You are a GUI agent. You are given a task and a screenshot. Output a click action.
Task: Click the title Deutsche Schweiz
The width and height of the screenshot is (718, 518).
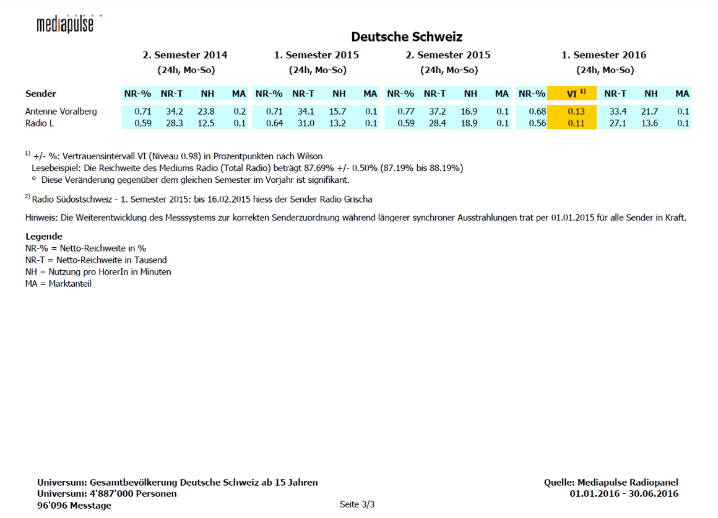pos(407,37)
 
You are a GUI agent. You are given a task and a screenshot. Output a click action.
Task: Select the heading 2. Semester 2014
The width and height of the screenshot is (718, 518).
pos(184,55)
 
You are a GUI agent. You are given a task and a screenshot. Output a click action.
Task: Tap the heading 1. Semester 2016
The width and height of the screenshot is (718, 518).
pos(603,55)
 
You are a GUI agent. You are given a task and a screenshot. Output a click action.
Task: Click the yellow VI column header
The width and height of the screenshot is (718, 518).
pos(572,94)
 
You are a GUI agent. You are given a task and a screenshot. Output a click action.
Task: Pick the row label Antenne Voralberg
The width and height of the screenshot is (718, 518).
pos(61,112)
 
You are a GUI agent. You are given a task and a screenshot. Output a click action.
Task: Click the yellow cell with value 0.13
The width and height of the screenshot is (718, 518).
pos(572,112)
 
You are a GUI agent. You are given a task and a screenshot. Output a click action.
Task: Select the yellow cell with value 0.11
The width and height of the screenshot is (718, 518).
pos(572,123)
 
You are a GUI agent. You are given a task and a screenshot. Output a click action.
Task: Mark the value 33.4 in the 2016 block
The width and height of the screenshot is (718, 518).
pos(618,112)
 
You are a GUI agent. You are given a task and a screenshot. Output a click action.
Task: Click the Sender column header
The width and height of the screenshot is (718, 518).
pos(41,94)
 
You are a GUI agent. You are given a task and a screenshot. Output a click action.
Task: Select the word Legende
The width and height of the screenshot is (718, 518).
pos(44,237)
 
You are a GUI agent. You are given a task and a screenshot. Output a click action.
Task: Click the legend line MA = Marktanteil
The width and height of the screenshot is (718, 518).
pos(58,284)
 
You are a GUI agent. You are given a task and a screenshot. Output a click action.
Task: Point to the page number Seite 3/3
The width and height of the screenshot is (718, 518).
pos(357,504)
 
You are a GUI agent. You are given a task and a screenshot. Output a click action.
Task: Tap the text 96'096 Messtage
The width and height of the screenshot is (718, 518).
pos(74,506)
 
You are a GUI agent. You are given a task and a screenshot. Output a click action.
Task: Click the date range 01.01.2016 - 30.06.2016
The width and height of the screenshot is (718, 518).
pos(624,494)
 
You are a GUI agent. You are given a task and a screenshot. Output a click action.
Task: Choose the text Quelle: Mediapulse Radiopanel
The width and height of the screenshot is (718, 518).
pos(611,483)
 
